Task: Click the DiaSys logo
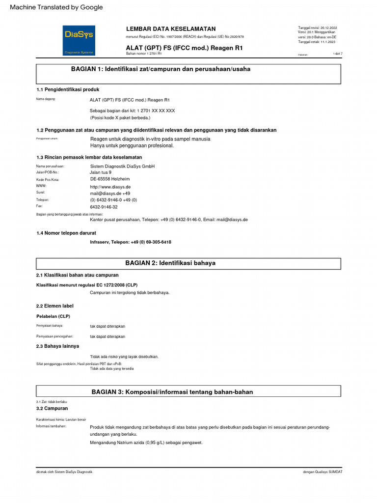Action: click(x=79, y=40)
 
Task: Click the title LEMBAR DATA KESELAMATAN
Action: click(x=170, y=29)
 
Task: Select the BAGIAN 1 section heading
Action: click(x=161, y=69)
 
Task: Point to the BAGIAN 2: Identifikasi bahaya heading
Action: click(x=170, y=263)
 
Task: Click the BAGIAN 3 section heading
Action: click(x=172, y=391)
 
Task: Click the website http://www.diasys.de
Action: click(x=110, y=187)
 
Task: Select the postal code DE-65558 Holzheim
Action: click(x=109, y=180)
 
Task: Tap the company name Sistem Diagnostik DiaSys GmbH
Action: click(x=122, y=167)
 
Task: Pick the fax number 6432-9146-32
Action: click(x=104, y=207)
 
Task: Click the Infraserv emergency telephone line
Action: click(x=131, y=242)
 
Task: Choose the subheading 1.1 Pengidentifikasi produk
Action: click(x=68, y=90)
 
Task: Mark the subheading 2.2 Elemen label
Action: click(x=55, y=306)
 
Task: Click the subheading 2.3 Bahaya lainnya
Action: click(x=57, y=346)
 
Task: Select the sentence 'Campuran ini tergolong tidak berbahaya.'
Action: click(x=130, y=293)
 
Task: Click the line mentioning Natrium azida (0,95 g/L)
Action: click(x=146, y=443)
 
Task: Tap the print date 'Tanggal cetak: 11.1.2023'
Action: click(x=317, y=42)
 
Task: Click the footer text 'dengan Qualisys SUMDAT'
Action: click(x=323, y=472)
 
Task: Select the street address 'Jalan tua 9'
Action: click(x=101, y=173)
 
